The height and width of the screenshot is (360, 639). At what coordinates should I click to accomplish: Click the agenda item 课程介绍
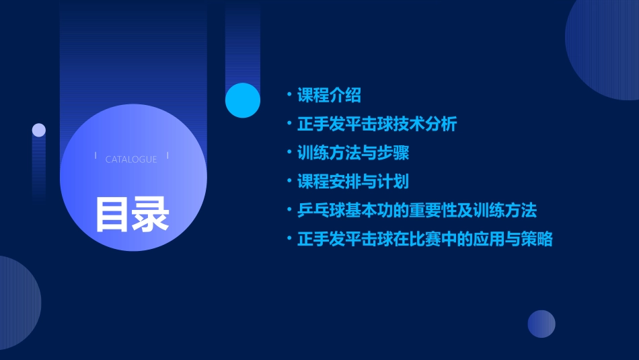coord(329,96)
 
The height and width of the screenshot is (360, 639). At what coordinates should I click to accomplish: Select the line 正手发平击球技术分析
coord(377,124)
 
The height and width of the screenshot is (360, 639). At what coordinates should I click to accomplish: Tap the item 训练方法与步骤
coord(353,153)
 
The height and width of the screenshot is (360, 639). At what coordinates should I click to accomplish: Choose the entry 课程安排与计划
coord(353,182)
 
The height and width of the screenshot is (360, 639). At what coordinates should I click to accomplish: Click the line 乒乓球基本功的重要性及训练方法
coord(417,211)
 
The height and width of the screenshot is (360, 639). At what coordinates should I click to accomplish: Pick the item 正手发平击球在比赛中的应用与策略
coord(424,240)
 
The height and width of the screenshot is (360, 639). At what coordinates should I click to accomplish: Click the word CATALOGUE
coord(131,159)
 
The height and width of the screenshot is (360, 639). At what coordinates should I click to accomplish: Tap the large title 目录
coord(132,215)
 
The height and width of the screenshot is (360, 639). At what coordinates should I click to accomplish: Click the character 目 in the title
coord(112,215)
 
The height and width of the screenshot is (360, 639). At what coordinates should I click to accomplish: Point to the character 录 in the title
coord(151,215)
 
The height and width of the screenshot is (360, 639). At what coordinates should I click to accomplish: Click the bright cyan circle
coord(243,100)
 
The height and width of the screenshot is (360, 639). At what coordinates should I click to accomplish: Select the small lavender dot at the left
coord(39,130)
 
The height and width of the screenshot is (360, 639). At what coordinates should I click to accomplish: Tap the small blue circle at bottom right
coord(541,324)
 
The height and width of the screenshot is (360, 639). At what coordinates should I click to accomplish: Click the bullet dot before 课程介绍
coord(289,94)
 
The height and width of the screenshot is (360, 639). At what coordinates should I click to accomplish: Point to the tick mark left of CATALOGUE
coord(96,156)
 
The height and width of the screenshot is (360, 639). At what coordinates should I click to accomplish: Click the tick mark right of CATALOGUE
coord(167,156)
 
